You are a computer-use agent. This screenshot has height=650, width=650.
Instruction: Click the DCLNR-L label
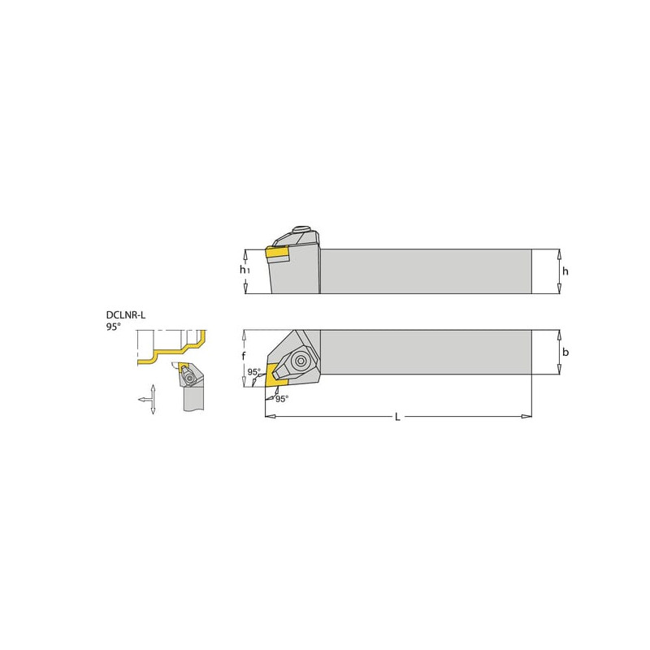point(126,315)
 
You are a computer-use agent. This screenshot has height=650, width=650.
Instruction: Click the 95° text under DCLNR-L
point(113,327)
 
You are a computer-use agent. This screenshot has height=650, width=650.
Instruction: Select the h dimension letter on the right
point(565,271)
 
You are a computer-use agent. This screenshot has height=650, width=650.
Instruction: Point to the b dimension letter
point(565,352)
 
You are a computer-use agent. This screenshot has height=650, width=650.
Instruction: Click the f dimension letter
point(244,356)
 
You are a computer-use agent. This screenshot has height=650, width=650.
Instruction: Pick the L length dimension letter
point(397,417)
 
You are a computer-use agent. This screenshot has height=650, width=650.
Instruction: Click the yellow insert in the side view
point(276,254)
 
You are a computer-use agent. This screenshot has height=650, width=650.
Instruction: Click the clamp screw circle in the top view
point(300,360)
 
